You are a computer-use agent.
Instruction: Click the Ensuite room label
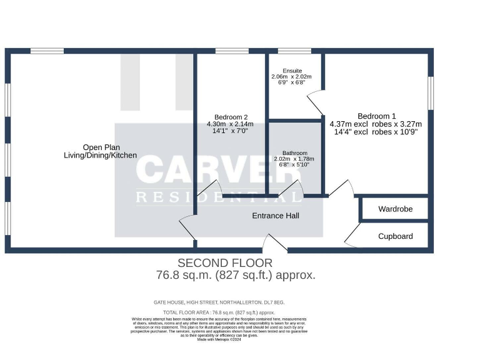(291, 71)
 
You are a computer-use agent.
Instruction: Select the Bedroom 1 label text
(376, 116)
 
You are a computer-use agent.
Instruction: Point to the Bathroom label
(294, 152)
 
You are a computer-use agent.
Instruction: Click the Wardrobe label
(395, 209)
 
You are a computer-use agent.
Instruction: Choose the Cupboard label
(395, 236)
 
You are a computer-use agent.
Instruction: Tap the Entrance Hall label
(275, 216)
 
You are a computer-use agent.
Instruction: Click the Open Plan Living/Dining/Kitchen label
(100, 151)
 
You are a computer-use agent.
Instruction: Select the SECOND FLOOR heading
(225, 263)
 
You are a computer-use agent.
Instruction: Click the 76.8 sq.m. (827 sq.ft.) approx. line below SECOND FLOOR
(236, 275)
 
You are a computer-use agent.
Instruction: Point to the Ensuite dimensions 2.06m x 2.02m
(291, 77)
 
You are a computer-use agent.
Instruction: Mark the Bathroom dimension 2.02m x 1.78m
(294, 159)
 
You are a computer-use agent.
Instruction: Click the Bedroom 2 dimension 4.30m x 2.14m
(231, 124)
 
